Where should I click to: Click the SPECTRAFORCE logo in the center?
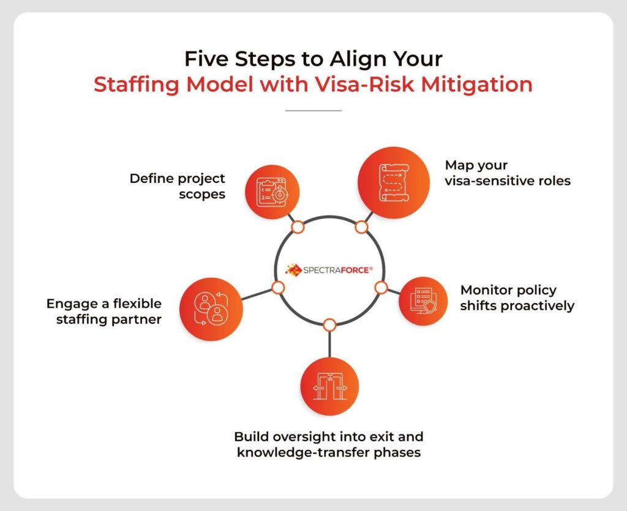point(329,269)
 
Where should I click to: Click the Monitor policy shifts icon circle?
point(427,300)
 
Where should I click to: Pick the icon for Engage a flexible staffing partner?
point(211,309)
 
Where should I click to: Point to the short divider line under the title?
point(313,111)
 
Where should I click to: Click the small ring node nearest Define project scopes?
point(298,227)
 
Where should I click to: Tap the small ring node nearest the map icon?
point(361,227)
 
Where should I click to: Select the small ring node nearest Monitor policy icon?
point(380,287)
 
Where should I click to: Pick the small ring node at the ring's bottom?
point(329,324)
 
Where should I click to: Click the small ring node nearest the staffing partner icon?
point(278,287)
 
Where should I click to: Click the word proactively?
point(538,305)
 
